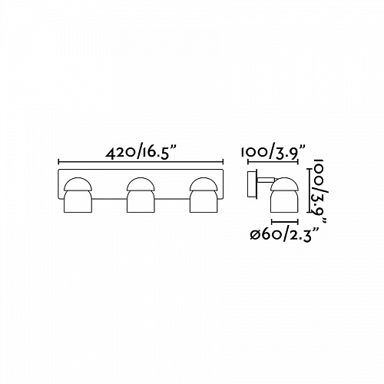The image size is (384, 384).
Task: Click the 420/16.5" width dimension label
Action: pyautogui.click(x=141, y=153)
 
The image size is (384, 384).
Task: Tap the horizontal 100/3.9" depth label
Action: pyautogui.click(x=273, y=152)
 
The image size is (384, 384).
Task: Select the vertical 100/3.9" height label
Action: pyautogui.click(x=318, y=191)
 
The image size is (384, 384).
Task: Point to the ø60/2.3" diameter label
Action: pyautogui.click(x=284, y=233)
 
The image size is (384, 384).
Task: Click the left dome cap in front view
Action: pyautogui.click(x=78, y=184)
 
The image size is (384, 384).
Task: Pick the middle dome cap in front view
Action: pyautogui.click(x=141, y=184)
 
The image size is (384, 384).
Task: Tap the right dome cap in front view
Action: pyautogui.click(x=204, y=184)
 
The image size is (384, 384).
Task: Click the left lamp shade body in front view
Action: pyautogui.click(x=78, y=201)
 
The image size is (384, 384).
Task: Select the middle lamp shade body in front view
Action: pyautogui.click(x=141, y=201)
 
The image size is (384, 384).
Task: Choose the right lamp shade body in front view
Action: pyautogui.click(x=204, y=201)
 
